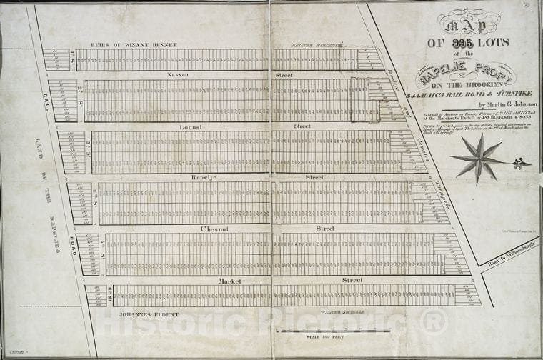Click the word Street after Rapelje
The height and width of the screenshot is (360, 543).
[x=314, y=177]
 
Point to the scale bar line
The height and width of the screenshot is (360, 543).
[x=332, y=330]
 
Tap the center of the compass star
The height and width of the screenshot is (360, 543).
[x=479, y=159]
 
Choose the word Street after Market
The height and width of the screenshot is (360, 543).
[x=352, y=280]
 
